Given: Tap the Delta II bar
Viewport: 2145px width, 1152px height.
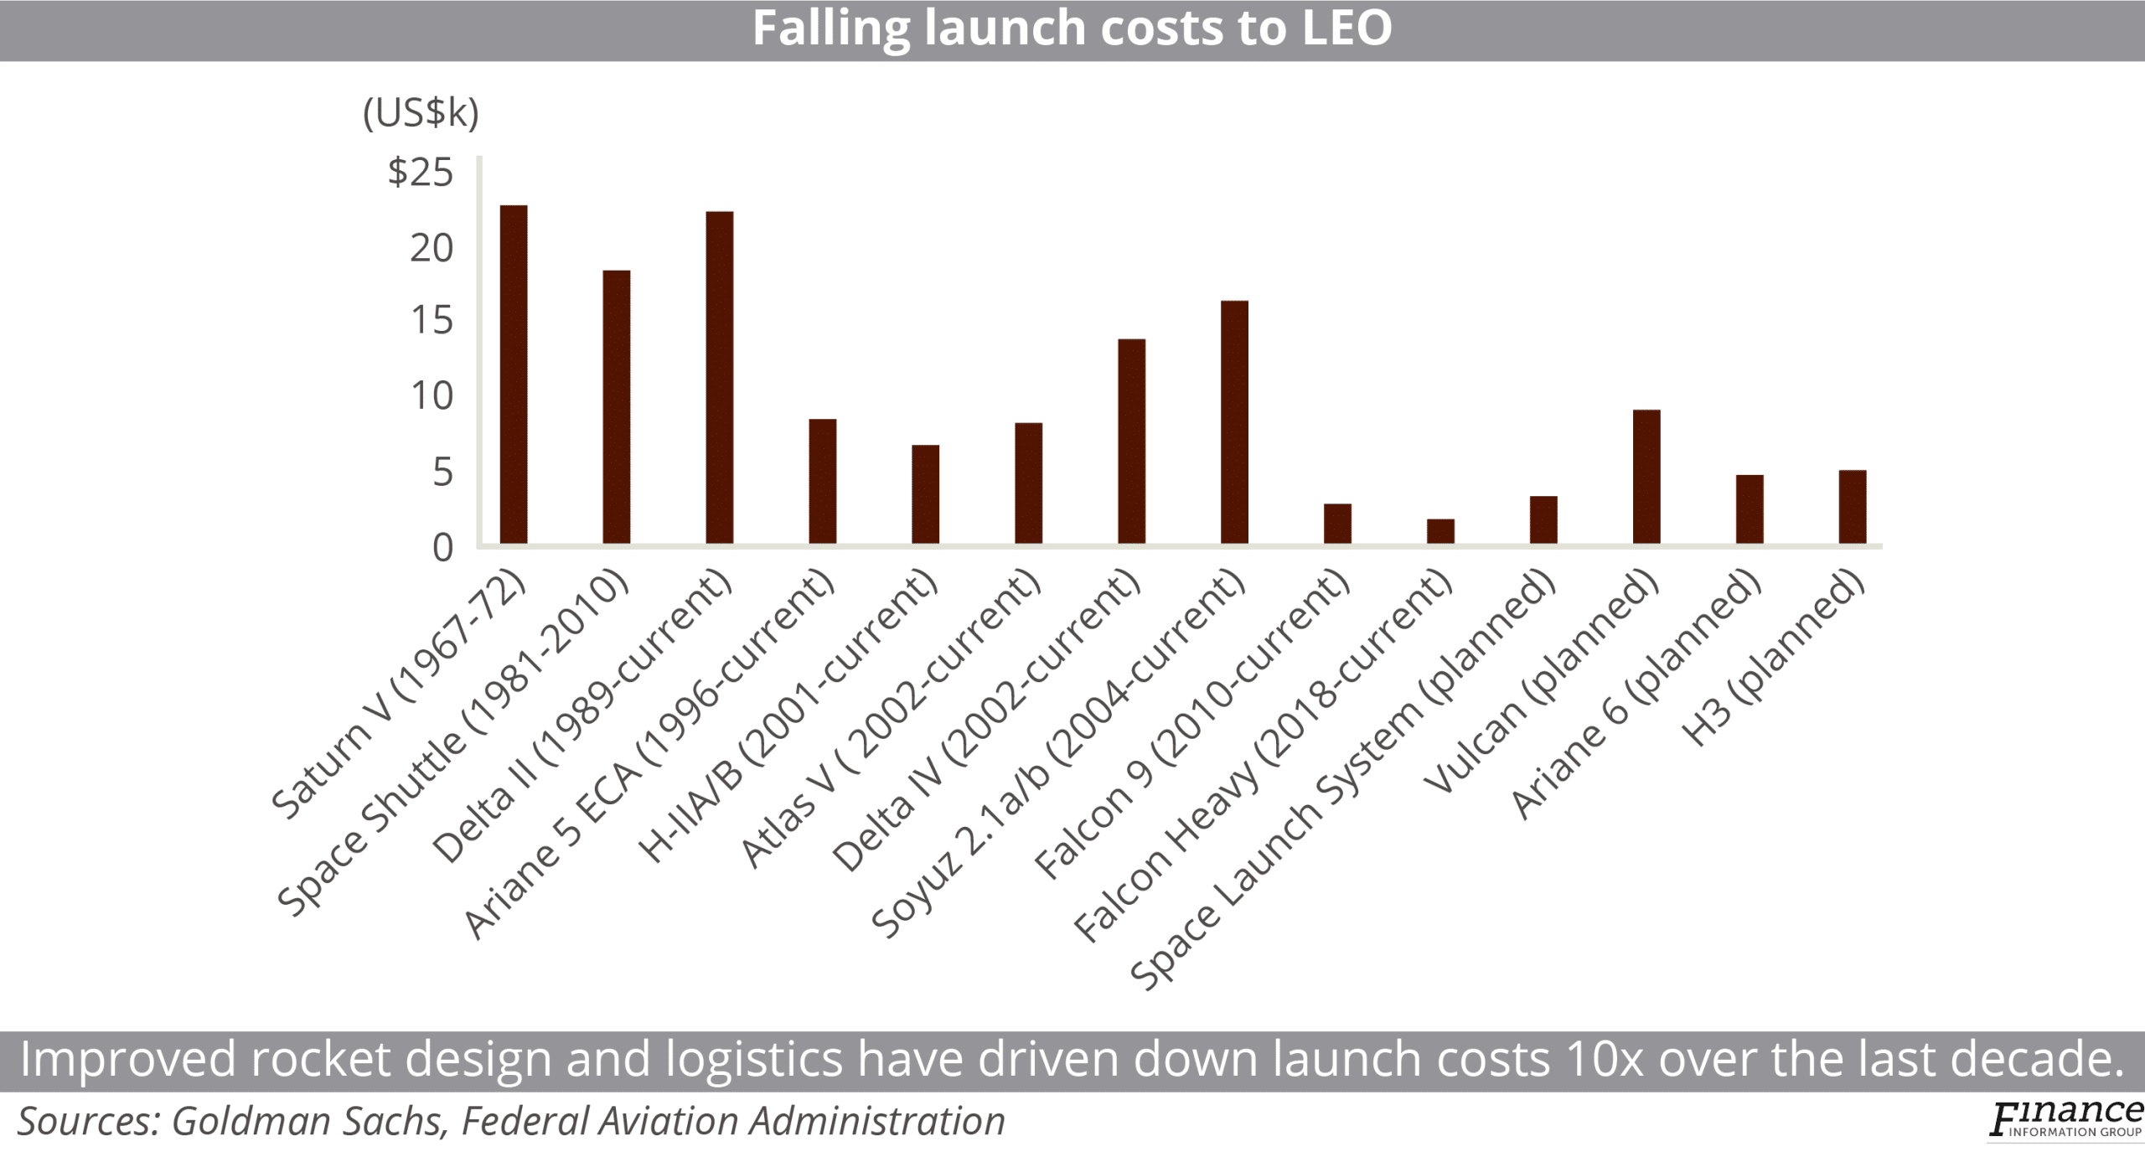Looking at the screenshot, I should (719, 378).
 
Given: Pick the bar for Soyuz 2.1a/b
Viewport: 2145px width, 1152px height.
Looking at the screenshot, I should (1234, 422).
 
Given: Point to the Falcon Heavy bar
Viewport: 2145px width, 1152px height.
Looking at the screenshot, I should (1440, 532).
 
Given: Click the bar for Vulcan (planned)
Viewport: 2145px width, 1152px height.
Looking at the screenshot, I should (1646, 477).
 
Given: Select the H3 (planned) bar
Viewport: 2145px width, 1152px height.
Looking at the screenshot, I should (1853, 507).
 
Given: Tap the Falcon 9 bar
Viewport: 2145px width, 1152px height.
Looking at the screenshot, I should (1337, 524).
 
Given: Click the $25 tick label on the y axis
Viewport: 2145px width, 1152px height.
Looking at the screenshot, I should (421, 173).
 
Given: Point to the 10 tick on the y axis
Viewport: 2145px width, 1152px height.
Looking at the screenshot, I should (432, 396).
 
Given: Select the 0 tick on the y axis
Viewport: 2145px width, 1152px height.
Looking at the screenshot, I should (442, 548).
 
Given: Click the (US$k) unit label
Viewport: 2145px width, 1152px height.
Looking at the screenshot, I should (421, 113).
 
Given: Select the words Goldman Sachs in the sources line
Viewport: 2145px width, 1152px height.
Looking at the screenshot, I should (306, 1121).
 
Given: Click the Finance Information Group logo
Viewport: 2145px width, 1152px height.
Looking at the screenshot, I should (2065, 1120).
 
